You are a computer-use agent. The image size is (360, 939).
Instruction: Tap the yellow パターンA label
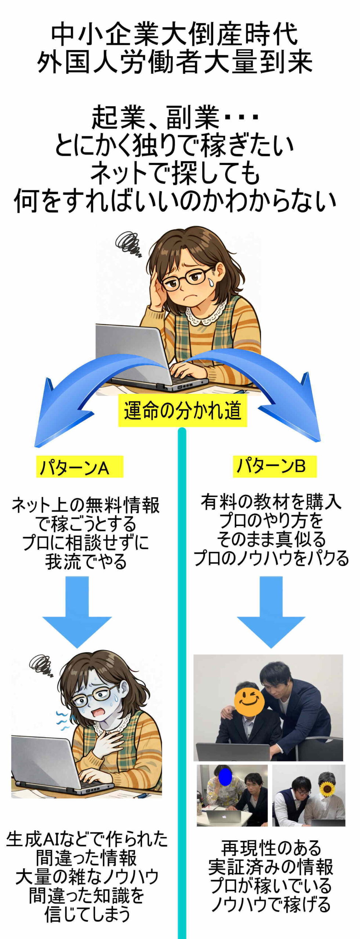click(x=79, y=467)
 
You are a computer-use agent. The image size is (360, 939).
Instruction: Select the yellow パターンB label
click(x=274, y=466)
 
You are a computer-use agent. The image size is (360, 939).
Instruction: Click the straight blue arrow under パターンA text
click(x=77, y=611)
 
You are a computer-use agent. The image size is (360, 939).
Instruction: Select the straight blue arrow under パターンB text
click(x=271, y=611)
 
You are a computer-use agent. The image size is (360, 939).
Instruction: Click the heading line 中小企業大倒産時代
click(x=174, y=35)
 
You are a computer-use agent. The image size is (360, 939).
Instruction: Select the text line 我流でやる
click(x=86, y=561)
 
